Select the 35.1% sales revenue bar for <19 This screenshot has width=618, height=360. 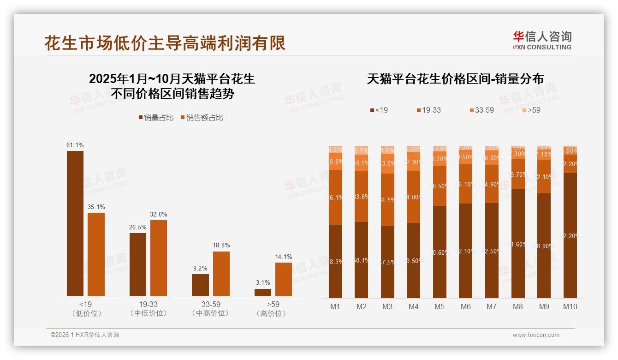[x=96, y=254]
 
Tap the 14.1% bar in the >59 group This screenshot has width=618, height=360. [x=284, y=279]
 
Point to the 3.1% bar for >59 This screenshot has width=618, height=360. [x=263, y=292]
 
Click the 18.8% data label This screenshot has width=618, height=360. [x=221, y=246]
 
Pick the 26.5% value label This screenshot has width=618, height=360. [x=138, y=227]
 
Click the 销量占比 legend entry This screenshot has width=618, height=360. [x=156, y=118]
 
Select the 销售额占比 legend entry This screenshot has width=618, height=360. [x=202, y=118]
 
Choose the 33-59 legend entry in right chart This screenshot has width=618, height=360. [x=481, y=110]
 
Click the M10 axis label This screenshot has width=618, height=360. [x=570, y=306]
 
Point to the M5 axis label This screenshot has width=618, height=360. [x=440, y=306]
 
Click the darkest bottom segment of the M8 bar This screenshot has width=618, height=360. [x=518, y=243]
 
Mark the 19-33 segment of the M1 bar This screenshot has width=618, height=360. [x=335, y=197]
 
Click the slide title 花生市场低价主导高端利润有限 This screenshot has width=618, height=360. [x=165, y=43]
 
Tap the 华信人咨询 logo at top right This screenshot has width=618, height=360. [x=542, y=40]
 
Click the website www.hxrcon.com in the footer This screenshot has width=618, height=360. [x=536, y=335]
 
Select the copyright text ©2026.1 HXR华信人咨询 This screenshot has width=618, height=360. [x=85, y=335]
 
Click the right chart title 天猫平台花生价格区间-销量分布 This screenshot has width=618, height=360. [x=455, y=79]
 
